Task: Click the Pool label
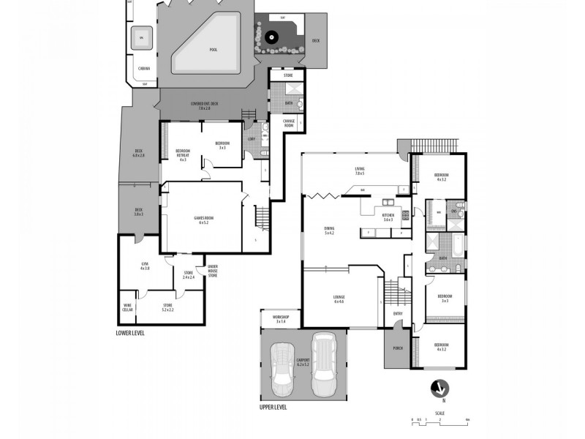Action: (213, 50)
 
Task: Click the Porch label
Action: (398, 348)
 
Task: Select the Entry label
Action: (398, 314)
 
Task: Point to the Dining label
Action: (329, 230)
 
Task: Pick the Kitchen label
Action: (388, 217)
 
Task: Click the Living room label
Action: (359, 170)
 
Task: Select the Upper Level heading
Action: (275, 408)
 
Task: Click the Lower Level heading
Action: (131, 332)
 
